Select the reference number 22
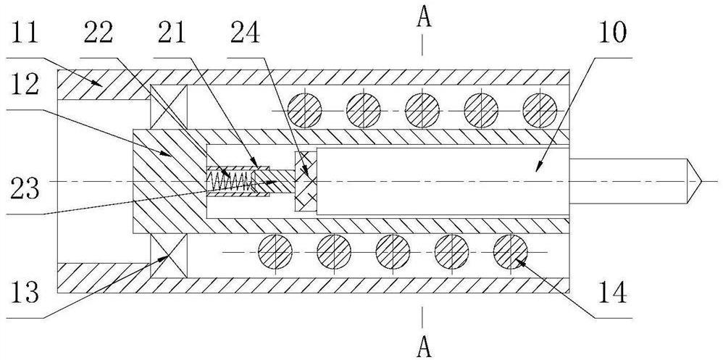[100, 35]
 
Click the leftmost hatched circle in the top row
[305, 110]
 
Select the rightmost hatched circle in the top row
[540, 110]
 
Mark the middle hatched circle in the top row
[423, 110]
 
